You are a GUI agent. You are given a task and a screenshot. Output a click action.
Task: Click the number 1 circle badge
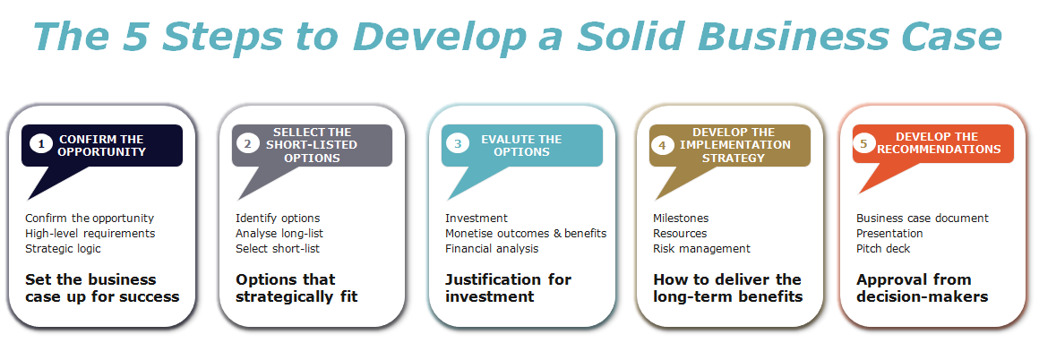(39, 144)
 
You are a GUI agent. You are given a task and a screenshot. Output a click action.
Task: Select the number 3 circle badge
(458, 144)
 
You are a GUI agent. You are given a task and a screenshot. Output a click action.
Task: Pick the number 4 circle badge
(663, 144)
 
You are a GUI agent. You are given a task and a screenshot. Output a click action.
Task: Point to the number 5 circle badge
(864, 144)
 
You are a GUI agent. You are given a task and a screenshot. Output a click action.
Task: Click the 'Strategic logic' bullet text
(64, 248)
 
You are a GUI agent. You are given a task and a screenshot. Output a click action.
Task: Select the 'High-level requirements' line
(90, 233)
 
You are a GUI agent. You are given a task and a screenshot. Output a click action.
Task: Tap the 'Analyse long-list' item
(279, 233)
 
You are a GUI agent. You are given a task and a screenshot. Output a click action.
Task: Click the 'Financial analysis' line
(492, 248)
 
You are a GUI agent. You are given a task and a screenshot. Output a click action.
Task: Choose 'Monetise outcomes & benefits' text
(526, 233)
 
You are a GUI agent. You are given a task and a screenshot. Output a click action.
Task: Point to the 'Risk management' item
(701, 248)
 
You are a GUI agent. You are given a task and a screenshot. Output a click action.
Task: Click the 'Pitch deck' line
(883, 248)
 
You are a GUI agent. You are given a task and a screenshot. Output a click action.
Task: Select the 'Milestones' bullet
(681, 218)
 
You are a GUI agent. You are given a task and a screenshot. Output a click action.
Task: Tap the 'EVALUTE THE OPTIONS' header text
(521, 145)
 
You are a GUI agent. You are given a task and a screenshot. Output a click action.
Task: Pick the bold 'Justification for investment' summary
(508, 287)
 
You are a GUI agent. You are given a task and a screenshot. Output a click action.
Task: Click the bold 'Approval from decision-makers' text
(922, 287)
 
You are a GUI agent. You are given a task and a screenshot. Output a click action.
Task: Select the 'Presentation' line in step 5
(889, 233)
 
